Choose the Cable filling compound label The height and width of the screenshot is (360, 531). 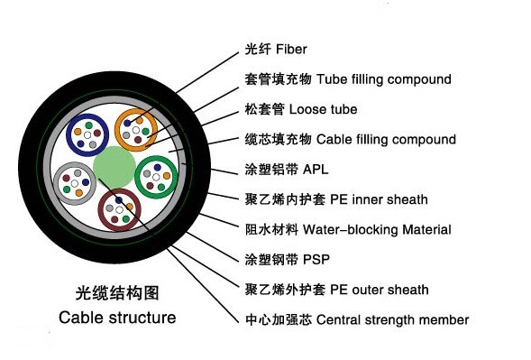click(386, 140)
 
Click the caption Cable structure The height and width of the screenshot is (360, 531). click(117, 318)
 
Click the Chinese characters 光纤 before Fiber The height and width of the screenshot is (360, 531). click(257, 49)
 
